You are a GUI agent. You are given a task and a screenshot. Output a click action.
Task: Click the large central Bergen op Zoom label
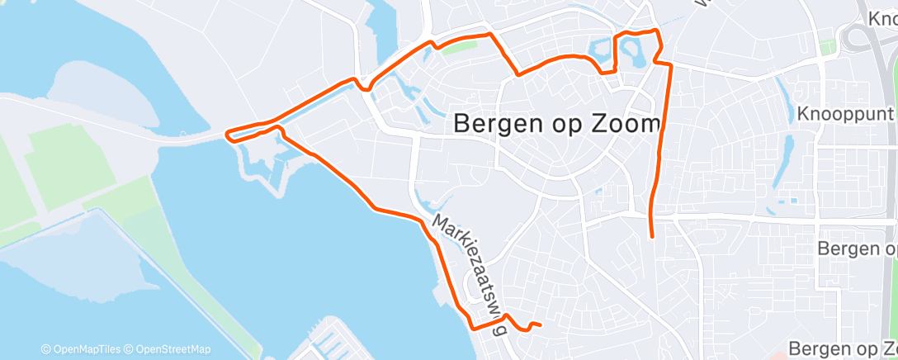coord(558,125)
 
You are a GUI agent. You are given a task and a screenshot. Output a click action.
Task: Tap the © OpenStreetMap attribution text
coord(172,349)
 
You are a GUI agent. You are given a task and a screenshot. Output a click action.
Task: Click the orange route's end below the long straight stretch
coord(653,237)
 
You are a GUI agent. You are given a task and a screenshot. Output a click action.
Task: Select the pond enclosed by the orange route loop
coord(635,54)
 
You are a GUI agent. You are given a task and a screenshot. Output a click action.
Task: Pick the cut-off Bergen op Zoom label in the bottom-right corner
coord(842,348)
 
